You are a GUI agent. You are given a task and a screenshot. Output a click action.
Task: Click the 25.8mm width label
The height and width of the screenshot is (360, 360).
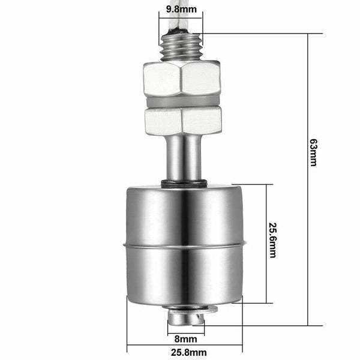185,352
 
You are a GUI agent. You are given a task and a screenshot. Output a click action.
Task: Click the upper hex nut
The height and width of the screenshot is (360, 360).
181,78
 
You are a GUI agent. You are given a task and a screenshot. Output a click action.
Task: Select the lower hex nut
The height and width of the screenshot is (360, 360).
181,120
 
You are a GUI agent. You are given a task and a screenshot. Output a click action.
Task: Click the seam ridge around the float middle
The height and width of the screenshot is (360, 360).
184,245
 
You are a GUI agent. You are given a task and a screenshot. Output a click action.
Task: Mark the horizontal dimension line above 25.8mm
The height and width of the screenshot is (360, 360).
185,345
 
